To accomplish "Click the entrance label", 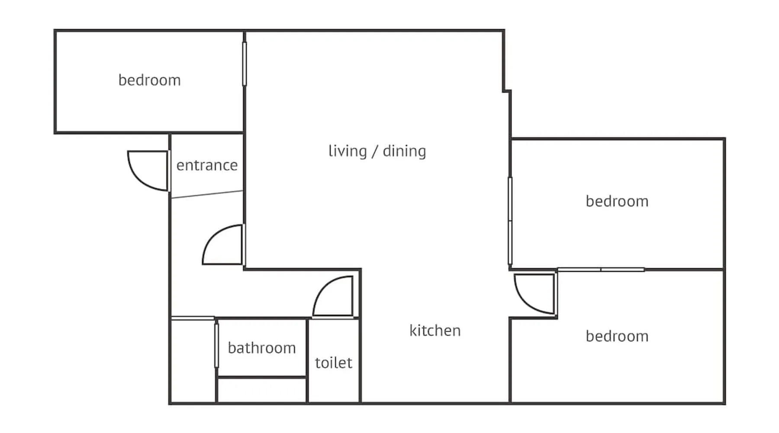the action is (207, 165).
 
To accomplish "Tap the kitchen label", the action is (435, 330).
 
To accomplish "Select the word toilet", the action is (334, 362).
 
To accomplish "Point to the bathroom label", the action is (262, 348).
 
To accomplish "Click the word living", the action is (348, 152).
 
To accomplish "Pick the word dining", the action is (404, 152).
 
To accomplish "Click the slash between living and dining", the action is (375, 151).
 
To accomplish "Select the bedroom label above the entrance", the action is (149, 80).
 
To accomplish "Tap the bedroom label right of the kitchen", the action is (617, 336).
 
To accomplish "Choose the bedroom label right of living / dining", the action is (617, 201).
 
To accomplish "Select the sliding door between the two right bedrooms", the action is (601, 270).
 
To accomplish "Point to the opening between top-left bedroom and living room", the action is (245, 64).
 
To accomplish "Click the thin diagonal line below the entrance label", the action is (207, 194).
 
